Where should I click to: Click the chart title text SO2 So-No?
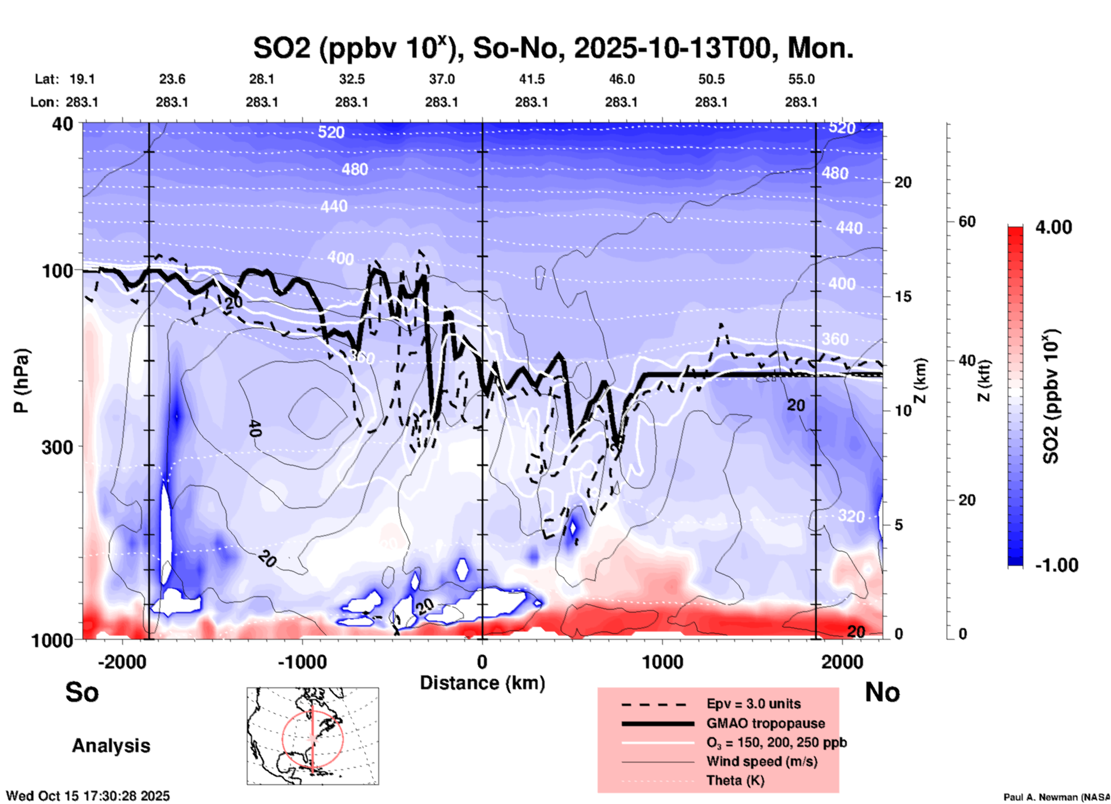(553, 48)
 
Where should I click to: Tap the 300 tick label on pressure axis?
(58, 447)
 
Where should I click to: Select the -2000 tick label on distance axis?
(122, 662)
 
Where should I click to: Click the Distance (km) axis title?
(482, 683)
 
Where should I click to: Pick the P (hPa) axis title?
(21, 381)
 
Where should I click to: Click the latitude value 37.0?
(441, 79)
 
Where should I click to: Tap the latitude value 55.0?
(801, 79)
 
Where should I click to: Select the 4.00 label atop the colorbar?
(1053, 227)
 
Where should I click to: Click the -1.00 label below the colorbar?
(1056, 565)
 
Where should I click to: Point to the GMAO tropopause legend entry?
(765, 723)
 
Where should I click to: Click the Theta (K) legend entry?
(735, 780)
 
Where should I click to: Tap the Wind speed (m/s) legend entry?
(761, 761)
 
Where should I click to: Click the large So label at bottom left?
(82, 692)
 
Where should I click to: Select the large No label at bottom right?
(882, 692)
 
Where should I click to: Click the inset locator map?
(313, 736)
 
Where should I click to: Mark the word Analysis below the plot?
(111, 746)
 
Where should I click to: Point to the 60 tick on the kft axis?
(967, 222)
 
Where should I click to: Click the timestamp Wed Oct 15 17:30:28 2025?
(88, 796)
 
